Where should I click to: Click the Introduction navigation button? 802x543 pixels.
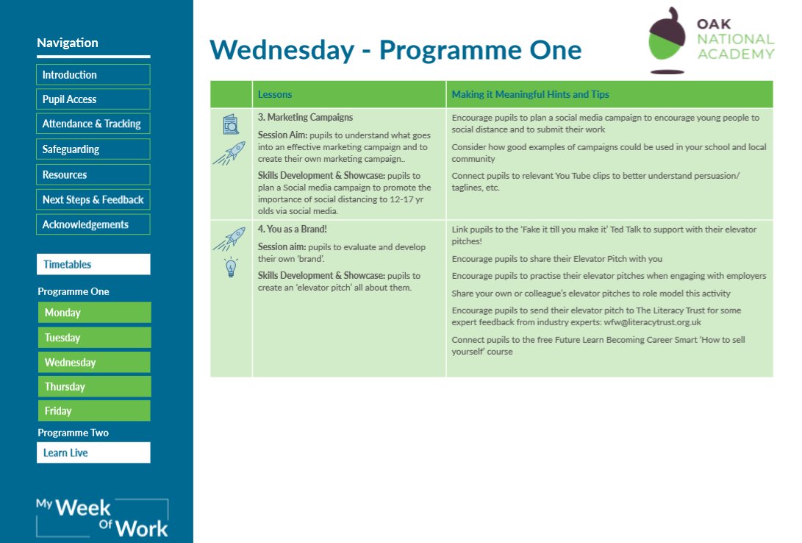[x=93, y=75]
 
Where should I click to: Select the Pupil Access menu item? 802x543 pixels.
[x=93, y=99]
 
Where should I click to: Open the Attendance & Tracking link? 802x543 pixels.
[x=93, y=124]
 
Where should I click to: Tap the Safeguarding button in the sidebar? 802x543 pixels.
[x=93, y=149]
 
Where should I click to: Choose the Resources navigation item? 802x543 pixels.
[x=93, y=175]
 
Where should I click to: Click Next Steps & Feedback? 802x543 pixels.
[x=93, y=199]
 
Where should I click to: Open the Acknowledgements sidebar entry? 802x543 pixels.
[x=93, y=224]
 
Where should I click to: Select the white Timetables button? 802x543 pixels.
[x=93, y=264]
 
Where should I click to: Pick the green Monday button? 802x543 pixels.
[x=94, y=313]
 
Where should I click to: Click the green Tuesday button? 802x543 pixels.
[x=94, y=338]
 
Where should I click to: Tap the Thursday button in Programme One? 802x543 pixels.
[x=94, y=386]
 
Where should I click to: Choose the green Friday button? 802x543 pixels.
[x=94, y=411]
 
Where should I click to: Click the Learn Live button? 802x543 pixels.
[x=93, y=452]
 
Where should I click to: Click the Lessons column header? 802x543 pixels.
[x=275, y=94]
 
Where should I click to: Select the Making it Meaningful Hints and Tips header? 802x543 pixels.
[x=530, y=94]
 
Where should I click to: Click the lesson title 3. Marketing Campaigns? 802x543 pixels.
[x=305, y=117]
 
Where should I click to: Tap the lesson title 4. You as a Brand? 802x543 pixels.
[x=292, y=230]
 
